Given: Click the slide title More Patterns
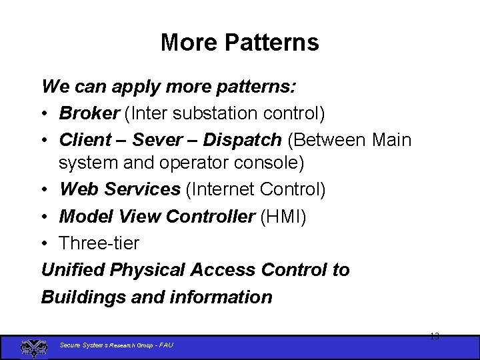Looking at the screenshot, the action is (239, 43).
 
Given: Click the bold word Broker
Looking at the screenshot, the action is (89, 113).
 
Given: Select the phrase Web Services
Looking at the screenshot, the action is (120, 189).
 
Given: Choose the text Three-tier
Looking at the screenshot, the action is (99, 243).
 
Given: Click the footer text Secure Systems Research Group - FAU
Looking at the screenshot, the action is (117, 345).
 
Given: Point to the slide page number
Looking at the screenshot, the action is (434, 337).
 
